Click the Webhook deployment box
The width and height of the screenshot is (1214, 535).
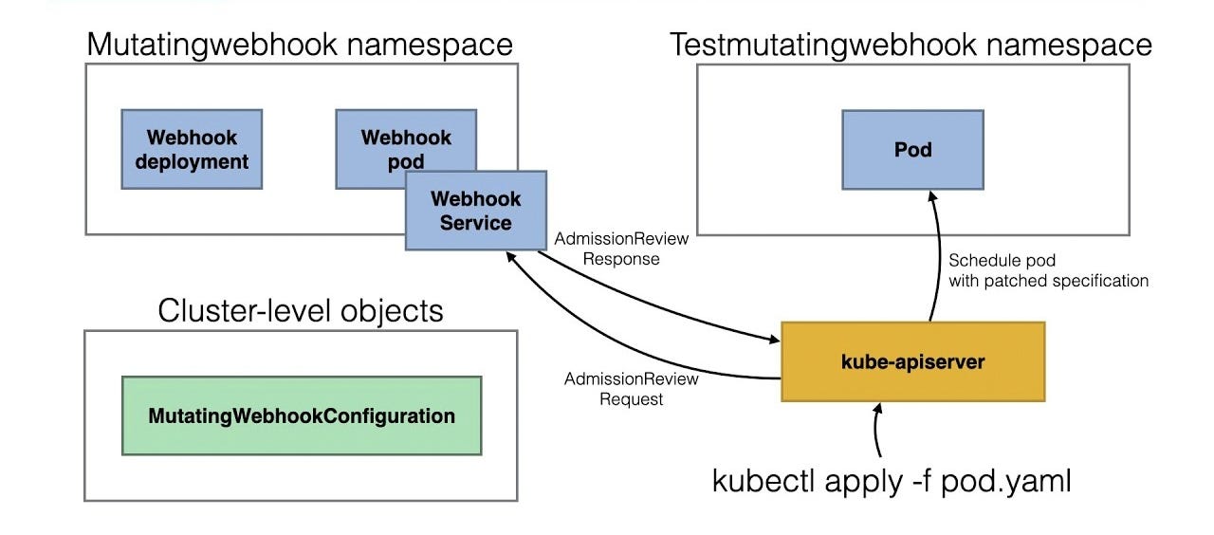(x=192, y=149)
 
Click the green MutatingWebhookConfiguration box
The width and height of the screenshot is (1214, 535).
(x=302, y=415)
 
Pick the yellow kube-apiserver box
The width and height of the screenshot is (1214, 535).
(x=911, y=361)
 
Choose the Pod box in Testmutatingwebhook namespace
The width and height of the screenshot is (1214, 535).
(x=912, y=149)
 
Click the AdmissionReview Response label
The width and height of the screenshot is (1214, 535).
(x=621, y=249)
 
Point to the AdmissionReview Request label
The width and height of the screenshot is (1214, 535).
(x=631, y=389)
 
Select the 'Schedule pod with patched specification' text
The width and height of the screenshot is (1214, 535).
(x=1048, y=270)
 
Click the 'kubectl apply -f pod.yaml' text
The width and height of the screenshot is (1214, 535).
(x=892, y=481)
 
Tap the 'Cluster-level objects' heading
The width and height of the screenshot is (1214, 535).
(x=301, y=310)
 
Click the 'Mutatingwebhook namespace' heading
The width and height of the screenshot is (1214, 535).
(x=300, y=44)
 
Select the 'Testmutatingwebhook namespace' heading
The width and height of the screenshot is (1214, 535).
(x=911, y=44)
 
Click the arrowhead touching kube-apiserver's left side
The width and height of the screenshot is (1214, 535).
(x=772, y=339)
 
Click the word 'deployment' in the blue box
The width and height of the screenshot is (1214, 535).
(x=192, y=161)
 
